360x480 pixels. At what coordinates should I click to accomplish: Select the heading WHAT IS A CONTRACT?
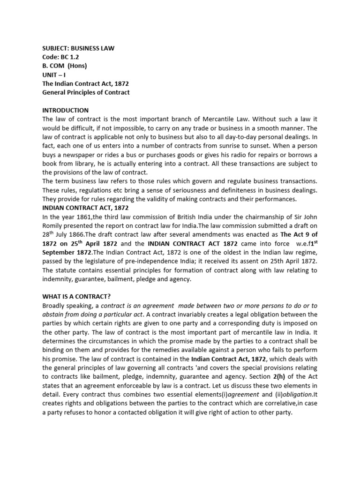point(77,297)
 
